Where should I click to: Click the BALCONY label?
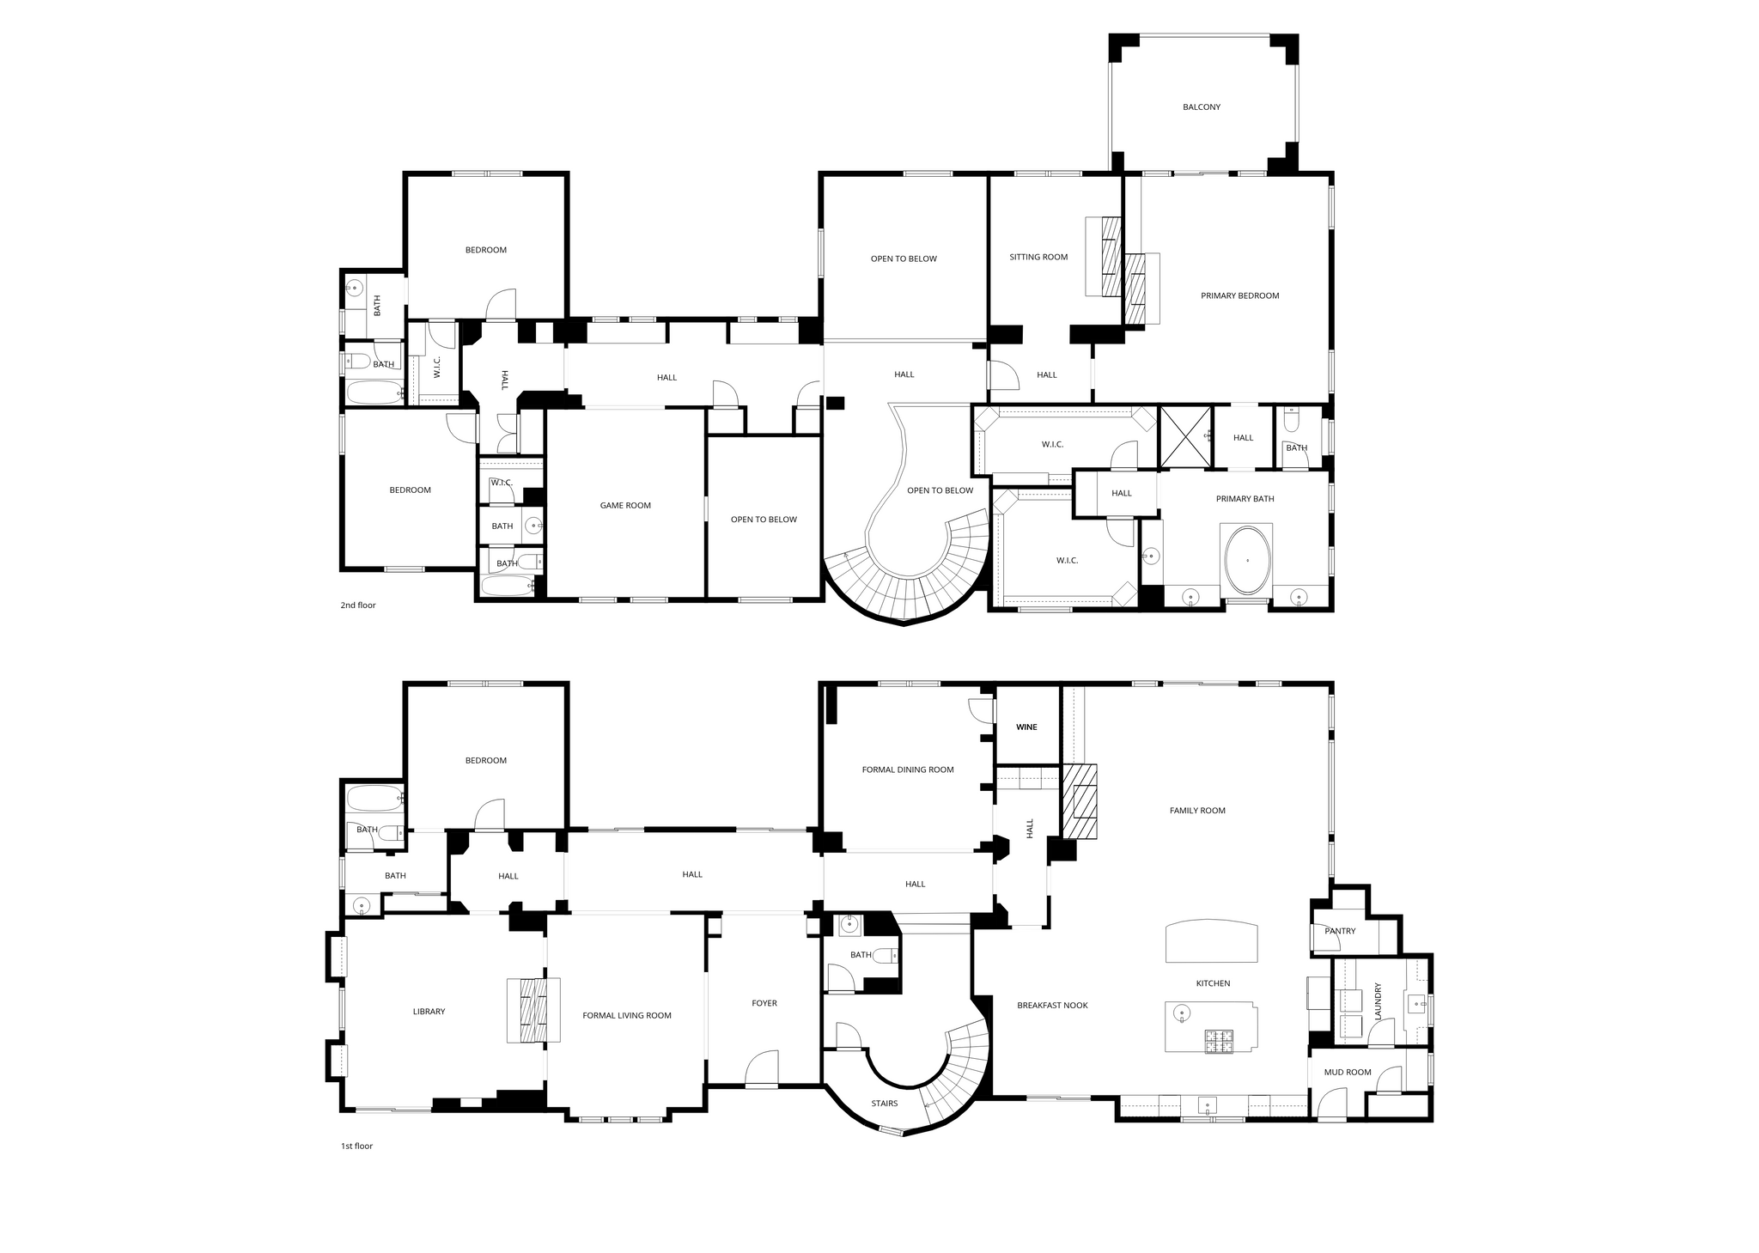(x=1201, y=107)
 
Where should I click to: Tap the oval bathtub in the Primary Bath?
(x=1247, y=561)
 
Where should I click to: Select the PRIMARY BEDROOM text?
(x=1239, y=295)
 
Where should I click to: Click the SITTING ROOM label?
(x=1038, y=257)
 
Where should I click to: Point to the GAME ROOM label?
(x=625, y=506)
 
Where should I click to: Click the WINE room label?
(x=1026, y=727)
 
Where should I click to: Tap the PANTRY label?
(x=1340, y=931)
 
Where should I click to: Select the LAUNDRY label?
(x=1378, y=1001)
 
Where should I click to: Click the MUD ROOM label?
(x=1348, y=1072)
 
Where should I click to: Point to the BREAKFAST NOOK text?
(x=1052, y=1005)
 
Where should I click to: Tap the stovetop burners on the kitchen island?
(x=1218, y=1041)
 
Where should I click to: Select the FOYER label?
(x=764, y=1003)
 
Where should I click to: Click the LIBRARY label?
(x=429, y=1012)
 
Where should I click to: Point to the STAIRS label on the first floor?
(x=885, y=1104)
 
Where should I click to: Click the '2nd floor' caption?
(x=358, y=605)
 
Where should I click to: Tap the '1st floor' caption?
(x=356, y=1146)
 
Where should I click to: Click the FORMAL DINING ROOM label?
(x=908, y=769)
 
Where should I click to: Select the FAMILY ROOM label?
(x=1197, y=811)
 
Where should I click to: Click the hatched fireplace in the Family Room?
(x=1080, y=800)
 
